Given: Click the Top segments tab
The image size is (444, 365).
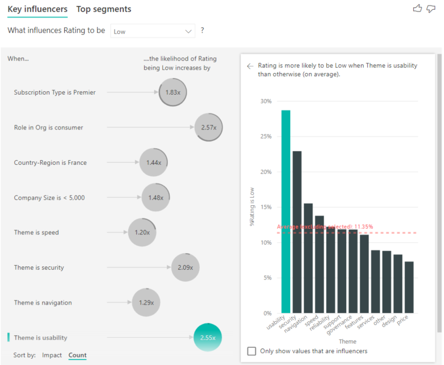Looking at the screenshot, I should pyautogui.click(x=104, y=9).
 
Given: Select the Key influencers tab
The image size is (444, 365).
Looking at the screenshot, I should pyautogui.click(x=38, y=9).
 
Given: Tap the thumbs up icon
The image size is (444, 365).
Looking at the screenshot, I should pyautogui.click(x=417, y=9).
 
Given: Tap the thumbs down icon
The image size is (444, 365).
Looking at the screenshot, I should pyautogui.click(x=431, y=9).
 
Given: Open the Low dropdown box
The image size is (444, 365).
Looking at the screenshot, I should pyautogui.click(x=153, y=31).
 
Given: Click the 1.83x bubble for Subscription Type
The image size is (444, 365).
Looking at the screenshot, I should pyautogui.click(x=172, y=92).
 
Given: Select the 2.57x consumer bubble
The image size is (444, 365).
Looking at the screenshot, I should pyautogui.click(x=208, y=127).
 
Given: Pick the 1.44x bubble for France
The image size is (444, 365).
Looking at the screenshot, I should pyautogui.click(x=154, y=163).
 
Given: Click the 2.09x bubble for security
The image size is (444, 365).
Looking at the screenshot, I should pyautogui.click(x=185, y=267).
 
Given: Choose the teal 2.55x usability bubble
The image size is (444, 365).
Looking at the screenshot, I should pyautogui.click(x=207, y=338).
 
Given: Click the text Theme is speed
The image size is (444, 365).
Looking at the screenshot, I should pyautogui.click(x=36, y=233).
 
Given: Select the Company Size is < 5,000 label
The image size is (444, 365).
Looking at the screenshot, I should pyautogui.click(x=50, y=198).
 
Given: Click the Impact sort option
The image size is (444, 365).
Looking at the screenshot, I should pyautogui.click(x=52, y=355).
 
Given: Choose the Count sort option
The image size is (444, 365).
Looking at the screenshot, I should pyautogui.click(x=77, y=355).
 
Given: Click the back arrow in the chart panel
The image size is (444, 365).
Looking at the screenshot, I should pyautogui.click(x=249, y=66).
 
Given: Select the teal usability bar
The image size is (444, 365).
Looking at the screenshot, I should pyautogui.click(x=286, y=212).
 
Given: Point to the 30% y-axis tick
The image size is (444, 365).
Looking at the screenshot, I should pyautogui.click(x=266, y=102).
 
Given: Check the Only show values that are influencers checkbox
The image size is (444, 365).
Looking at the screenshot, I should pyautogui.click(x=252, y=351).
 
